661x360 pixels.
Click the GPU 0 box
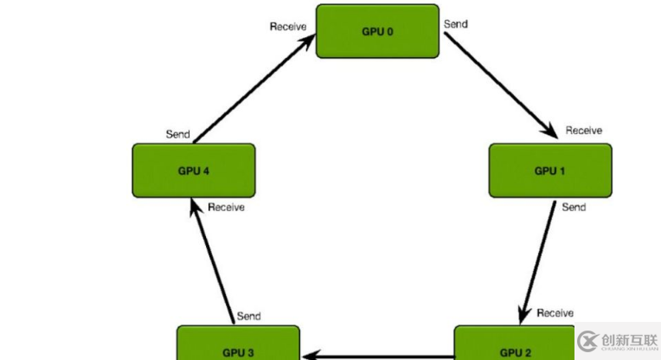pos(377,32)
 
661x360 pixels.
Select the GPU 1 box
pos(549,170)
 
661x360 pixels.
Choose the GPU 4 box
pos(194,170)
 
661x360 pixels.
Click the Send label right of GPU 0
pos(456,24)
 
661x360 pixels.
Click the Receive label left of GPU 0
pos(288,27)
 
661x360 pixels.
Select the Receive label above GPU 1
pos(584,131)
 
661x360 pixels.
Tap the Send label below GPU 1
pos(574,208)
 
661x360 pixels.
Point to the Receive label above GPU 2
pos(555,313)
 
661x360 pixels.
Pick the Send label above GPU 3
pos(248,317)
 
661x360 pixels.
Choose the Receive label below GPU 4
pos(226,208)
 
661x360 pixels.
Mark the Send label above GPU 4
pos(178,135)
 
